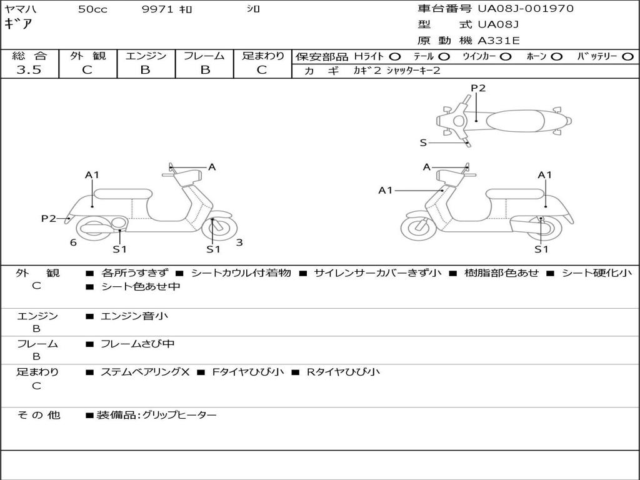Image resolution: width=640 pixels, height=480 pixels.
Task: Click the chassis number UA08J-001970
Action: [526, 8]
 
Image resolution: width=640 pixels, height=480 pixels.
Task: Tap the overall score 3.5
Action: [29, 69]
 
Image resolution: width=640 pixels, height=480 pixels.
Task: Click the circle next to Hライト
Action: [395, 57]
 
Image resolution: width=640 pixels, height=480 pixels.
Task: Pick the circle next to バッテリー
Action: [627, 57]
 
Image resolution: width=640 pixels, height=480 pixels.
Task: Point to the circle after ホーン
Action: [556, 57]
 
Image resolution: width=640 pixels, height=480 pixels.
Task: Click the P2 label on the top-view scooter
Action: [478, 87]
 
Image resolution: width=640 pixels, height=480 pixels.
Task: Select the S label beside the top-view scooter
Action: [423, 143]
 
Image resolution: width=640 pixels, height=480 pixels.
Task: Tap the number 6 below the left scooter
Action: [73, 242]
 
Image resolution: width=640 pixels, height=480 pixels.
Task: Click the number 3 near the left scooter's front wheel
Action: [239, 242]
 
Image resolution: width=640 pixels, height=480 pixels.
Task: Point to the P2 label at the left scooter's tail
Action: [49, 218]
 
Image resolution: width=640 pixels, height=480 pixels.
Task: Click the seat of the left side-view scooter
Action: [123, 194]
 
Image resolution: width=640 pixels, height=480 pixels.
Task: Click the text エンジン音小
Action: [134, 316]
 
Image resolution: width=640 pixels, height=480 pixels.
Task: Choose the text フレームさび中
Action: [137, 344]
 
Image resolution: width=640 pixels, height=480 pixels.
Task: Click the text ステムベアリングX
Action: [145, 372]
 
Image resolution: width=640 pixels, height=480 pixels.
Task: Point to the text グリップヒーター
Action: [179, 415]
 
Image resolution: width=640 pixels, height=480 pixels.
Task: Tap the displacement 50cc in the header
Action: [92, 9]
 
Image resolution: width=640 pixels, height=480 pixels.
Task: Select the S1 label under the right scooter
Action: [541, 249]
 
